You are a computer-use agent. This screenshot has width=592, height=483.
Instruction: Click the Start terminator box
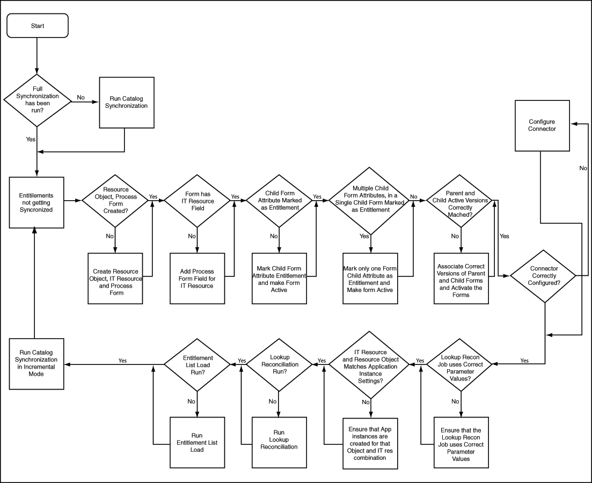(38, 26)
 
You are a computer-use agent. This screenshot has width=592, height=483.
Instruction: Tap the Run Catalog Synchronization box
(127, 102)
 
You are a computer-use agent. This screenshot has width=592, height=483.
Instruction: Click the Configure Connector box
(542, 126)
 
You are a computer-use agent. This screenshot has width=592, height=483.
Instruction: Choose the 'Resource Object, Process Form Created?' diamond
(115, 200)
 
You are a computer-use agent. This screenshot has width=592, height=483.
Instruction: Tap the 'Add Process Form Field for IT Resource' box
(197, 279)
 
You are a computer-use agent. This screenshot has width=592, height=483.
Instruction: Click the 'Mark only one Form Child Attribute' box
(371, 279)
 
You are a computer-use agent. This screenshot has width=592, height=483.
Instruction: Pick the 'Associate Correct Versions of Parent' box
(461, 279)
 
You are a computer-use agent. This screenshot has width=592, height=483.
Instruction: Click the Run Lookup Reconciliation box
(279, 443)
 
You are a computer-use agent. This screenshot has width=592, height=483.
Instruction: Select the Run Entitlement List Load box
(197, 443)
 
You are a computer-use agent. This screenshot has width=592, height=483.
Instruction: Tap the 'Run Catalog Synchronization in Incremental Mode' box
(36, 364)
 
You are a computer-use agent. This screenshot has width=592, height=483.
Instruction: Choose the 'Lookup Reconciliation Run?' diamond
(279, 364)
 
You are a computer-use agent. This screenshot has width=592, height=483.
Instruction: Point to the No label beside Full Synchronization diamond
(81, 97)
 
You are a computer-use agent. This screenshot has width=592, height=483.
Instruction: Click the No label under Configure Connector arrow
(582, 168)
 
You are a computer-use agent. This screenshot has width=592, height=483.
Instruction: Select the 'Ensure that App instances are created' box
(371, 443)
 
